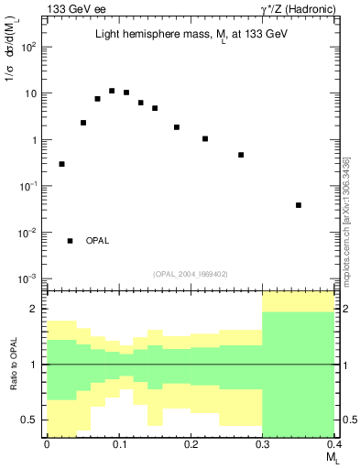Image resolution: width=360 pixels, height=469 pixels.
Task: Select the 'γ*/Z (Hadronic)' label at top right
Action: click(x=298, y=9)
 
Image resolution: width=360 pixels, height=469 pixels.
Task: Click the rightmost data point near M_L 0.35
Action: click(x=299, y=205)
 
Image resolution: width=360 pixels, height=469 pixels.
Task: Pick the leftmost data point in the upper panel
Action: click(x=61, y=164)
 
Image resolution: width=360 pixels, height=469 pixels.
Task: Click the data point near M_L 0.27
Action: click(x=241, y=155)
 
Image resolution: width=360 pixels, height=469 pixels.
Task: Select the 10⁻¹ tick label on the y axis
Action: click(x=27, y=186)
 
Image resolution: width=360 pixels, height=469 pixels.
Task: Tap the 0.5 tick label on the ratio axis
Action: click(x=28, y=420)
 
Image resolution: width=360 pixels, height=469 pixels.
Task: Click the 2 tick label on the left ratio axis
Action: click(x=33, y=310)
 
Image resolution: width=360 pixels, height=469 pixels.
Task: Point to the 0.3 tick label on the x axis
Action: click(x=263, y=445)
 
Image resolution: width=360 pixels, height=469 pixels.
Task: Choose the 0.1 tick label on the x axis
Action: click(x=119, y=445)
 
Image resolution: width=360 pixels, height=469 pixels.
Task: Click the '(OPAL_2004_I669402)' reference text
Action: click(x=191, y=272)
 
